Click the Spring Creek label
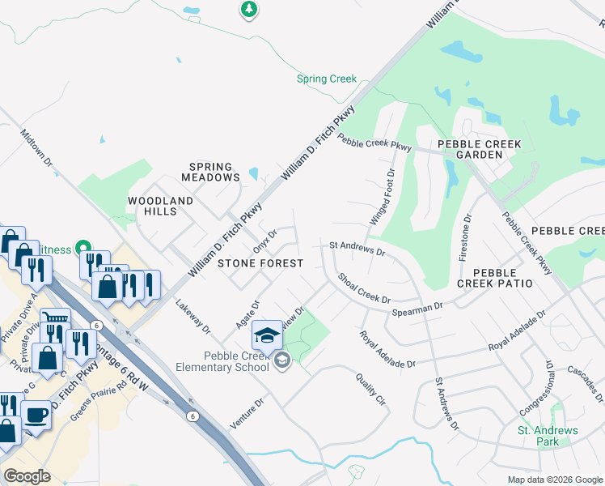[x=327, y=79]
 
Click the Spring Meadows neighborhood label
[x=210, y=172]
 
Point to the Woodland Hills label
[x=161, y=206]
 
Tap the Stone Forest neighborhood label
[x=260, y=263]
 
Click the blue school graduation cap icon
[x=268, y=334]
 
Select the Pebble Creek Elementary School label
[x=222, y=362]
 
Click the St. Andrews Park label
[x=548, y=436]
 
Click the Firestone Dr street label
[x=464, y=237]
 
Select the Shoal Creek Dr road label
[x=364, y=288]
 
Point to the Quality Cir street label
[x=370, y=389]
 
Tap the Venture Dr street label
[x=247, y=414]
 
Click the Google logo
[x=27, y=475]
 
